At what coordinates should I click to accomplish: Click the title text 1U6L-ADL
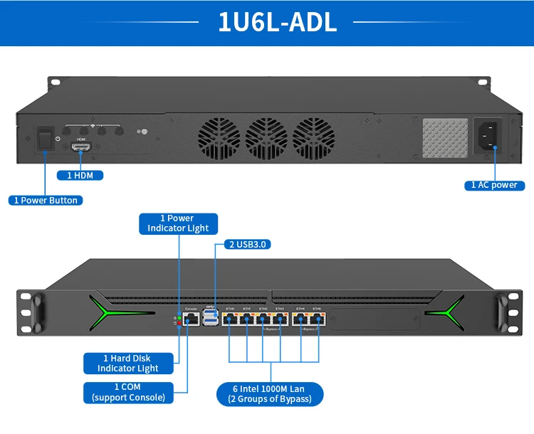tap(277, 22)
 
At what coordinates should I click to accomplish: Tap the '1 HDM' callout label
tap(80, 175)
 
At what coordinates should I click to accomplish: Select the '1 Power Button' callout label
tap(45, 200)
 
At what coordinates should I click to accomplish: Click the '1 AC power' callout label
tap(494, 185)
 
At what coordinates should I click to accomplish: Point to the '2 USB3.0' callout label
tap(248, 244)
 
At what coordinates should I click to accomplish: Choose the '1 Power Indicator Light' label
tap(178, 223)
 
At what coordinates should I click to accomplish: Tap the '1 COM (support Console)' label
tap(128, 392)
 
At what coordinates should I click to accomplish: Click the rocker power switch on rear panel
tap(44, 136)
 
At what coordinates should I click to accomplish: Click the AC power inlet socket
tap(488, 135)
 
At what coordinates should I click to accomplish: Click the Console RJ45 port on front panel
tap(192, 319)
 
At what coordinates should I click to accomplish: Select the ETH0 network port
tap(230, 319)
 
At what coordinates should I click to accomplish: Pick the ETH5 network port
tap(318, 319)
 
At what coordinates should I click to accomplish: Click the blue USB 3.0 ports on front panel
tap(210, 318)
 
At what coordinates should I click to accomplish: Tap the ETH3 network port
tap(280, 319)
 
